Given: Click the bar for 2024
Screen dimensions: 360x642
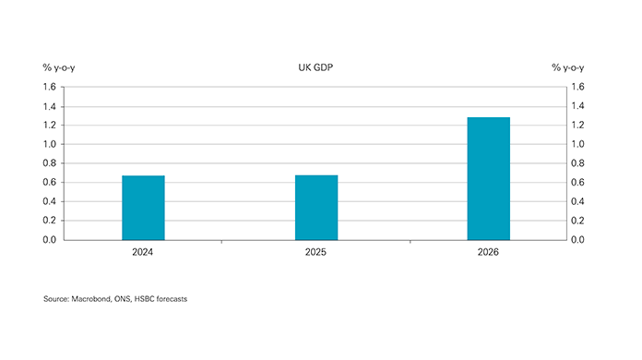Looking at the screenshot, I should click(143, 208).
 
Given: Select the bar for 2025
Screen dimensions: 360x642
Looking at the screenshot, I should click(315, 208).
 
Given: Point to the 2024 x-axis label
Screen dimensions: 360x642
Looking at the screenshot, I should click(143, 250).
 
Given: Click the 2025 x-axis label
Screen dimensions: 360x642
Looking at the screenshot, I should click(315, 250).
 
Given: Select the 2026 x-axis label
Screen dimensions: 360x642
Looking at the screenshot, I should click(488, 250).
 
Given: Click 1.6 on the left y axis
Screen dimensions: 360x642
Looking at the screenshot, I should click(50, 87).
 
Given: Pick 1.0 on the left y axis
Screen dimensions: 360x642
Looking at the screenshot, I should click(50, 144).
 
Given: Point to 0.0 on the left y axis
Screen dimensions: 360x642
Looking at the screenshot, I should click(50, 240).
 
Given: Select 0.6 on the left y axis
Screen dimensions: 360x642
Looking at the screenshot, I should click(50, 183).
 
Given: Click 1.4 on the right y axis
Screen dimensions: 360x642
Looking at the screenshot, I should click(577, 106).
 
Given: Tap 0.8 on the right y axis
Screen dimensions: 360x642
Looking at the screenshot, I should click(577, 163).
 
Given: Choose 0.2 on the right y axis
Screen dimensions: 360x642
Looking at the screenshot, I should click(577, 221).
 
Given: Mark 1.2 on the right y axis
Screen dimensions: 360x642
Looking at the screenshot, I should click(577, 126).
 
